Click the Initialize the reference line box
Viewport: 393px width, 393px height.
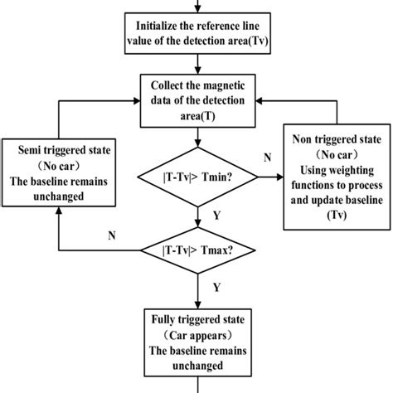click(196, 29)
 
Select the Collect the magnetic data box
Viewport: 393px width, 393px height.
click(197, 100)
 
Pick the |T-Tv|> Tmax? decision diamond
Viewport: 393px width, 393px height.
click(197, 250)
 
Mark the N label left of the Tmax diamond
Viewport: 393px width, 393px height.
click(112, 235)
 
